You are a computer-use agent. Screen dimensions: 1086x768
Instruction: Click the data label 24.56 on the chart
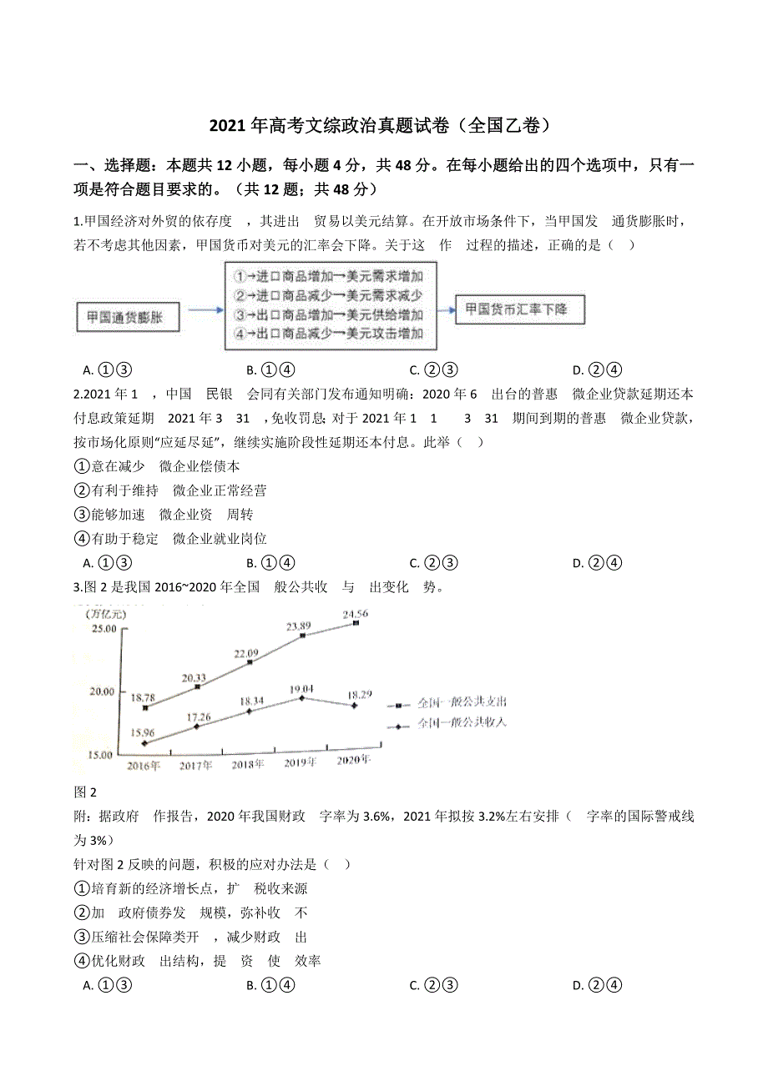coord(356,614)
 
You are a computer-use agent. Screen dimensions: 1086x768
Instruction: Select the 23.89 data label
coord(299,626)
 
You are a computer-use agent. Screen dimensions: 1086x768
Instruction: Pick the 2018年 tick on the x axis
coord(248,763)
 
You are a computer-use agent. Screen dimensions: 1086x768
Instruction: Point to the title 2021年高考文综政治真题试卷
coord(380,126)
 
